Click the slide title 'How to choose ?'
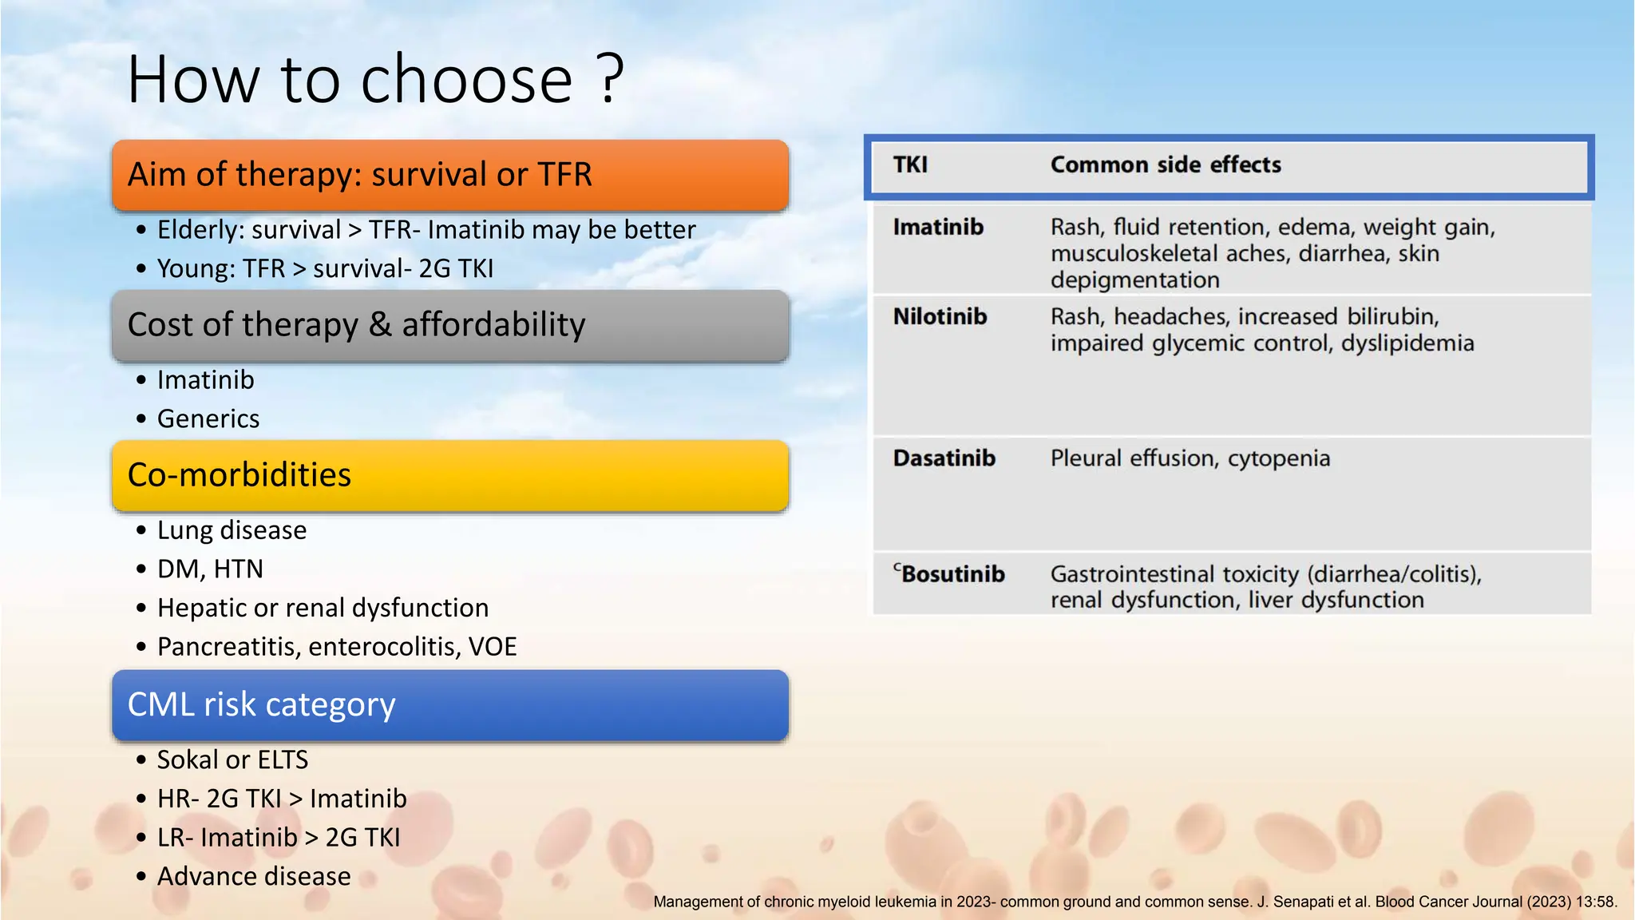pos(375,79)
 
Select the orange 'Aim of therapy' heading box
pos(450,175)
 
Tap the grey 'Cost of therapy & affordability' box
pos(450,325)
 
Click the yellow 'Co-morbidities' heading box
pos(450,475)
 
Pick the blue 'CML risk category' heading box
pos(450,705)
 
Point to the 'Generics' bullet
pos(208,419)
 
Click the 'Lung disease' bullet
pos(232,530)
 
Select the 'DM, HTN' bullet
pos(210,569)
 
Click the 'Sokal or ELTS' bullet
pos(232,760)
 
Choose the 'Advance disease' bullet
pos(254,877)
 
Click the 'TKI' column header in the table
pos(910,165)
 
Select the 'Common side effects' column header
pos(1166,165)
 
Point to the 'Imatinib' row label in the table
pos(938,228)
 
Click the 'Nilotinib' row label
pos(940,317)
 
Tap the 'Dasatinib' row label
pos(944,458)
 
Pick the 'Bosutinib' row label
pos(952,574)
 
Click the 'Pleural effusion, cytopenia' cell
pos(1190,458)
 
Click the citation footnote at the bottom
pos(1134,902)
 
